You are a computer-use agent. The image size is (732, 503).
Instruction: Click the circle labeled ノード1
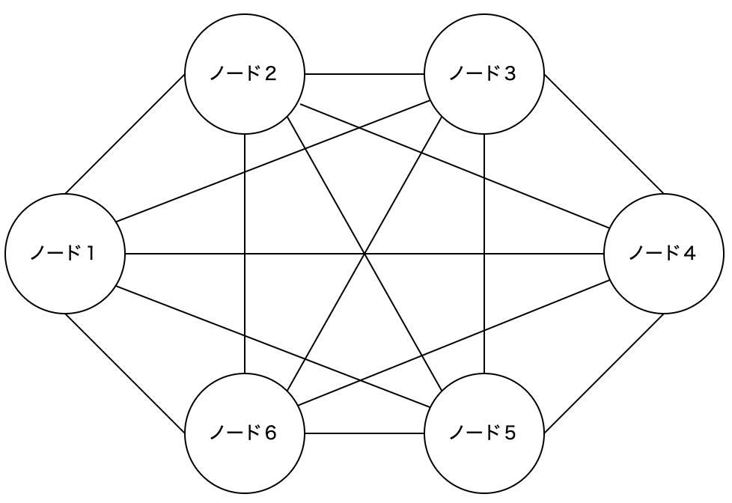point(65,254)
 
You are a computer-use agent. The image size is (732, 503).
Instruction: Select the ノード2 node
point(245,74)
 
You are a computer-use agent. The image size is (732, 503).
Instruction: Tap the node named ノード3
point(484,74)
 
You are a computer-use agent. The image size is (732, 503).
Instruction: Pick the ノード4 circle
point(664,254)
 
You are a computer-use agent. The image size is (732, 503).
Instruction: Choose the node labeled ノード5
point(484,433)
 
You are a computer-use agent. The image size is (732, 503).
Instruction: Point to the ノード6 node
point(245,433)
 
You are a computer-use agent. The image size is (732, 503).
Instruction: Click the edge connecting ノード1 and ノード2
point(125,135)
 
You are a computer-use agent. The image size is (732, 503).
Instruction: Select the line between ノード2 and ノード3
point(365,74)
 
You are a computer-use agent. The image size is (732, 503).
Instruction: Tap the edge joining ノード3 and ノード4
point(603,134)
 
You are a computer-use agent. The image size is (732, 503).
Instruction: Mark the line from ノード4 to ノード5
point(603,374)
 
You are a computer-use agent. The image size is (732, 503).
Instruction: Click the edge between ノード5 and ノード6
point(365,433)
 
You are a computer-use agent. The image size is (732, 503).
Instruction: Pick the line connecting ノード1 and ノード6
point(125,374)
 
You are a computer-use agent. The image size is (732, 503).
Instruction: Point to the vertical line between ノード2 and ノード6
point(245,314)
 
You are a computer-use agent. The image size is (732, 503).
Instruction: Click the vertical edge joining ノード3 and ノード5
point(484,314)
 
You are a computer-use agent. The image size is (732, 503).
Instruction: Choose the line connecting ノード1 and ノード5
point(187,314)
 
